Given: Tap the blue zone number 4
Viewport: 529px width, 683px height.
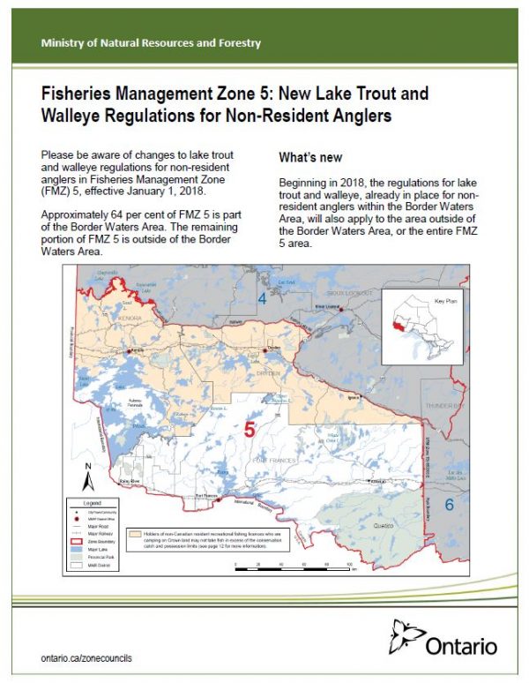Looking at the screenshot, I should tap(261, 299).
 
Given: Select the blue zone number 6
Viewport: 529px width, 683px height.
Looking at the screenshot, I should tap(448, 505).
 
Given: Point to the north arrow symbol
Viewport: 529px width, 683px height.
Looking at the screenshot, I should tap(87, 477).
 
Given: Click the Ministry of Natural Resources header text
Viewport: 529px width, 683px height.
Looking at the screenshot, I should tap(151, 42).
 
